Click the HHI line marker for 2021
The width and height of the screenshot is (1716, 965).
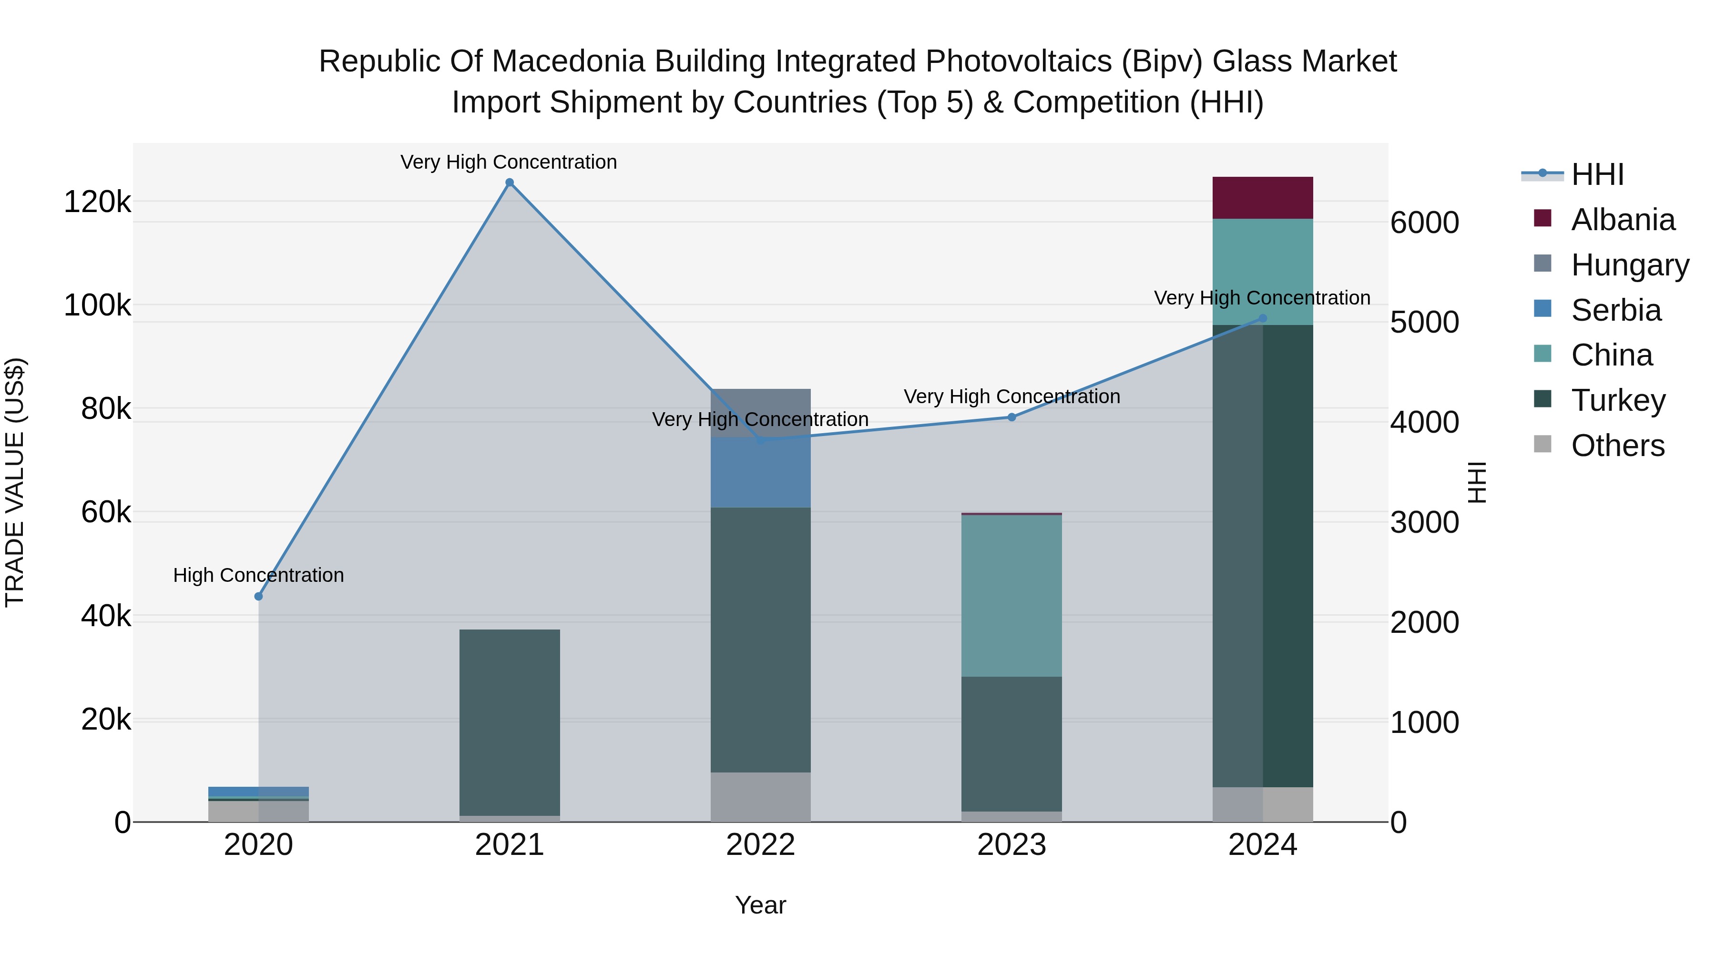tap(510, 183)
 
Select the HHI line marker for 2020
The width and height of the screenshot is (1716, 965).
tap(258, 596)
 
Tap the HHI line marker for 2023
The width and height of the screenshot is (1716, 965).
tap(1011, 417)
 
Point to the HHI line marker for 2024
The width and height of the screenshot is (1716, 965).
tap(1262, 318)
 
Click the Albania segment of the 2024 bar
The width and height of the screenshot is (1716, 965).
tap(1262, 198)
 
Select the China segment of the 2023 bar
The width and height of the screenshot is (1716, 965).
tap(1011, 596)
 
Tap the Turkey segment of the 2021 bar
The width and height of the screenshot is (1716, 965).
tap(510, 722)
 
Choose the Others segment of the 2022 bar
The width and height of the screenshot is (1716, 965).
tap(760, 797)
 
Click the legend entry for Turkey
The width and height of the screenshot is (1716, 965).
tap(1617, 400)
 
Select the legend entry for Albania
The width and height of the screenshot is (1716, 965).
tap(1622, 220)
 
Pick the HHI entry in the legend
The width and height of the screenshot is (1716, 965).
tap(1597, 174)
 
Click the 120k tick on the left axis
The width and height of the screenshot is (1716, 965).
tap(97, 202)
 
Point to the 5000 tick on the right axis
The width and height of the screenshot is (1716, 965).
tap(1425, 322)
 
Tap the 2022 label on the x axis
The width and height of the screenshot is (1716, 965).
tap(760, 845)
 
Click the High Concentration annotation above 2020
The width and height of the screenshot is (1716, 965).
tap(258, 575)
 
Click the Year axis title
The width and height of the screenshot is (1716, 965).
tap(760, 905)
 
